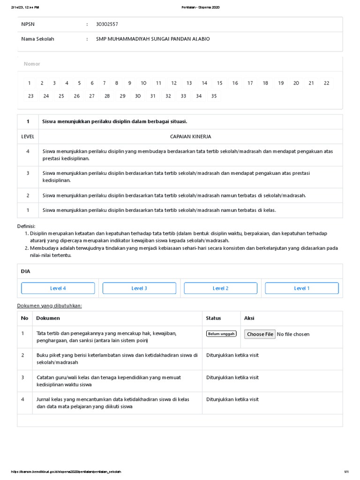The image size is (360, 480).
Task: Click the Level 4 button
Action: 58,288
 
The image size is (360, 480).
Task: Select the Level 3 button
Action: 139,288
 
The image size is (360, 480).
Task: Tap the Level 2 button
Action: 220,288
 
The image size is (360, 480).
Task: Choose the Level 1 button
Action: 301,288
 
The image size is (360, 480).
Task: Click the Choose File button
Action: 260,334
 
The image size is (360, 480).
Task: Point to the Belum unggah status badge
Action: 221,334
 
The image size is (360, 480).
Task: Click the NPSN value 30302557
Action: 107,24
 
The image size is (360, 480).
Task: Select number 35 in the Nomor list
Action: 214,96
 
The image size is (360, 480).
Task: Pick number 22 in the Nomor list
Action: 326,83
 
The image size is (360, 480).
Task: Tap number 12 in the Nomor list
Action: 173,83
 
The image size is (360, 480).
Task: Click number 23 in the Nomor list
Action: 30,96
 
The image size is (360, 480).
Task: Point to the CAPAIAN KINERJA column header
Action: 190,136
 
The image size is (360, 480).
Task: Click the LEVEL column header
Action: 28,136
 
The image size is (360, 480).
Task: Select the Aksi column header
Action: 249,318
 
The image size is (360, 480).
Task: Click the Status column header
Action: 213,318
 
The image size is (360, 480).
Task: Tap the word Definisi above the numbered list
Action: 26,226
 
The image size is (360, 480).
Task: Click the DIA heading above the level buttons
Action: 25,271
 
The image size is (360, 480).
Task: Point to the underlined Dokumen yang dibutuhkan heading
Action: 50,306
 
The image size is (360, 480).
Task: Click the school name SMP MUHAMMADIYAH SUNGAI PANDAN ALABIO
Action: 153,39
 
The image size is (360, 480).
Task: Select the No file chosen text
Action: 293,334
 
